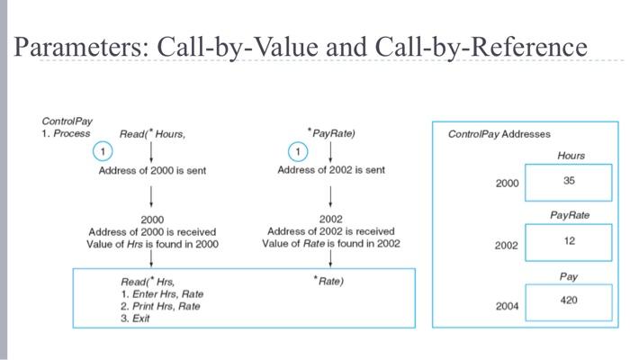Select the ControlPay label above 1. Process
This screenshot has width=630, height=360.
(x=67, y=121)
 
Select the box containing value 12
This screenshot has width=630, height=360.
(x=568, y=241)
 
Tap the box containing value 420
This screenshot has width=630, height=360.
(x=568, y=301)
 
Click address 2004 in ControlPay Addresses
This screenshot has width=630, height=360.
(x=507, y=307)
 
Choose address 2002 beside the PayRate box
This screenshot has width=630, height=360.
(x=507, y=245)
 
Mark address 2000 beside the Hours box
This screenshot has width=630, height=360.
(x=507, y=184)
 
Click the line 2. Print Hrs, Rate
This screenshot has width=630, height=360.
(x=160, y=306)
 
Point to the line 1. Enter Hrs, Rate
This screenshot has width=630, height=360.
(x=161, y=294)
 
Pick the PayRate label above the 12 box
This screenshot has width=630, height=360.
(x=570, y=216)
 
